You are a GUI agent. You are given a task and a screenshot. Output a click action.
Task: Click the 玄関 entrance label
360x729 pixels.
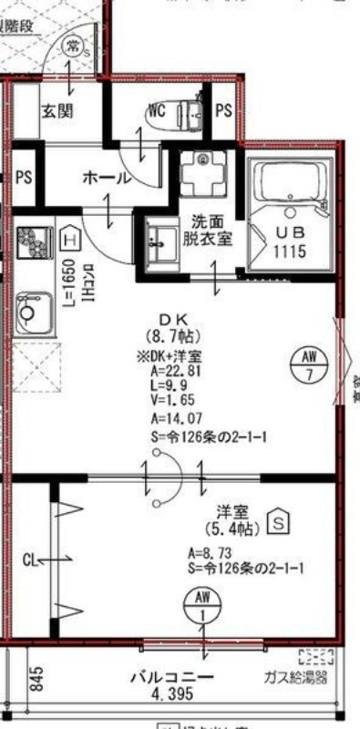coord(56,112)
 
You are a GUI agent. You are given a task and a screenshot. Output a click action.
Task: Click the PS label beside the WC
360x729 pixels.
coord(223,112)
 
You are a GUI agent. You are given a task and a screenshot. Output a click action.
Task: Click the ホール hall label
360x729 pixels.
coord(107,179)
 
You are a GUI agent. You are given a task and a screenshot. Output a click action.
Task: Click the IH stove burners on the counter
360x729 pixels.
coord(35,243)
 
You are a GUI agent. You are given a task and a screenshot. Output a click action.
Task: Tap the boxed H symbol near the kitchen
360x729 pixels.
coord(70,240)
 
